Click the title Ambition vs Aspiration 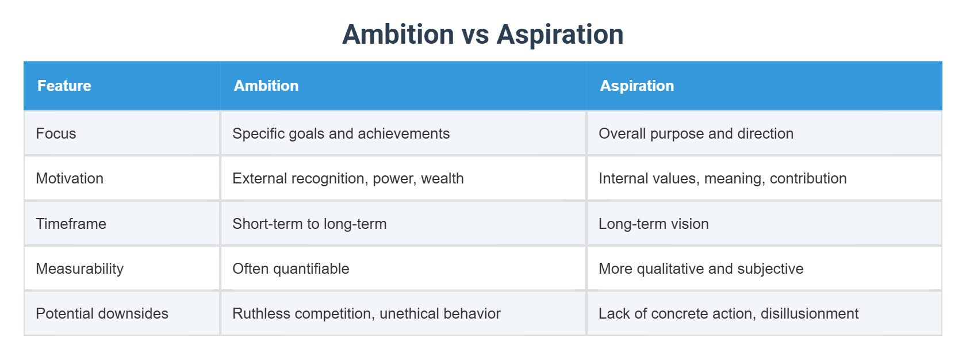click(482, 35)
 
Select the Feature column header click(64, 86)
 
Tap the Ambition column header click(266, 86)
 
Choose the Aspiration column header click(637, 86)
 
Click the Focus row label click(56, 133)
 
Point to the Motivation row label click(70, 178)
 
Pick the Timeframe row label click(71, 224)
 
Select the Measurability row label click(79, 269)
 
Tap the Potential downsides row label click(102, 313)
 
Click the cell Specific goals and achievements click(340, 133)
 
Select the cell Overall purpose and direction click(696, 133)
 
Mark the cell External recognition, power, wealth click(348, 178)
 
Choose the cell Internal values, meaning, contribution click(722, 178)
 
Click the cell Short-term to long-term click(309, 224)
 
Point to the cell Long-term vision click(653, 224)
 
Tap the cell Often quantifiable click(290, 269)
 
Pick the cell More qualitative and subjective click(700, 269)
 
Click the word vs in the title click(475, 35)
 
